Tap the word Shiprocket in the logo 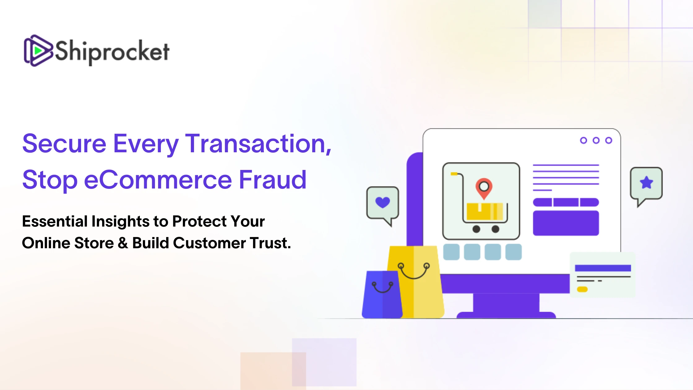(112, 52)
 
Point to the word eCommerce (158, 180)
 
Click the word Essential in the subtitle (55, 221)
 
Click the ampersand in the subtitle (123, 243)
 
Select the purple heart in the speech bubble (383, 202)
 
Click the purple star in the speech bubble (646, 182)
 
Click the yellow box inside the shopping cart (485, 211)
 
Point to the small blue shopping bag (382, 294)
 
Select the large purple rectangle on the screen (566, 223)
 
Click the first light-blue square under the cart (451, 252)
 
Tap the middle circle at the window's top (596, 141)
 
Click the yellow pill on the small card (582, 289)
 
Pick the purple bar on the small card (603, 268)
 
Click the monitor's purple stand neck (506, 303)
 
